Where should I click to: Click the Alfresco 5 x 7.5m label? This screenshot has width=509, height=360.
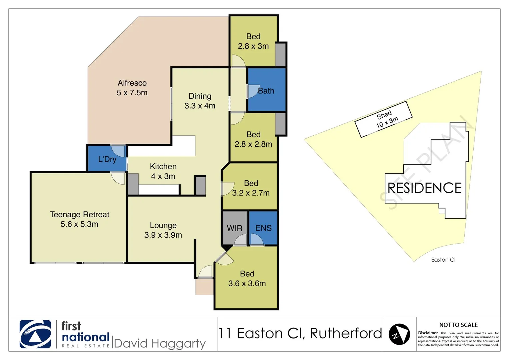(x=132, y=88)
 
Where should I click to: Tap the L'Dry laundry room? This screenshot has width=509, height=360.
(x=107, y=159)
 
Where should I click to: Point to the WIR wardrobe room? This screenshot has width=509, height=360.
(x=235, y=228)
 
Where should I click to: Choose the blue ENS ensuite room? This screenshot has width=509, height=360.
(x=263, y=228)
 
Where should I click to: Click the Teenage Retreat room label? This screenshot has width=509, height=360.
(x=79, y=219)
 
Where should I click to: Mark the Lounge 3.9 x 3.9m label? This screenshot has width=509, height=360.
(x=163, y=230)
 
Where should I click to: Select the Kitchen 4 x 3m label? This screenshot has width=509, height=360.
(x=163, y=171)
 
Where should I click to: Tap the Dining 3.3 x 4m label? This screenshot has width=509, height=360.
(x=200, y=101)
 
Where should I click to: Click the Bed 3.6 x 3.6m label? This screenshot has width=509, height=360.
(x=247, y=278)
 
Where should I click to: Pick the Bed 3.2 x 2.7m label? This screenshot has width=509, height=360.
(x=251, y=188)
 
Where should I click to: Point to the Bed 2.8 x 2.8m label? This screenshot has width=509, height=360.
(x=253, y=139)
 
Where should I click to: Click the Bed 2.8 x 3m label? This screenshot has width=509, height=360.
(x=253, y=41)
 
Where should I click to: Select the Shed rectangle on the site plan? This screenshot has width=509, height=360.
(x=384, y=119)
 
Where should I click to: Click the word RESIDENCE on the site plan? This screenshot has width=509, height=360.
(x=424, y=188)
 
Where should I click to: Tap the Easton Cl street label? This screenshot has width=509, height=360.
(x=443, y=260)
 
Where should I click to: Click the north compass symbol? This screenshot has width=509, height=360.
(x=399, y=334)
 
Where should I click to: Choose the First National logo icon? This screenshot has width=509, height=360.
(x=35, y=334)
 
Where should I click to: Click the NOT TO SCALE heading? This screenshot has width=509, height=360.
(x=458, y=325)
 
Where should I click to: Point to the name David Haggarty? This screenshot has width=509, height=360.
(x=160, y=343)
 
